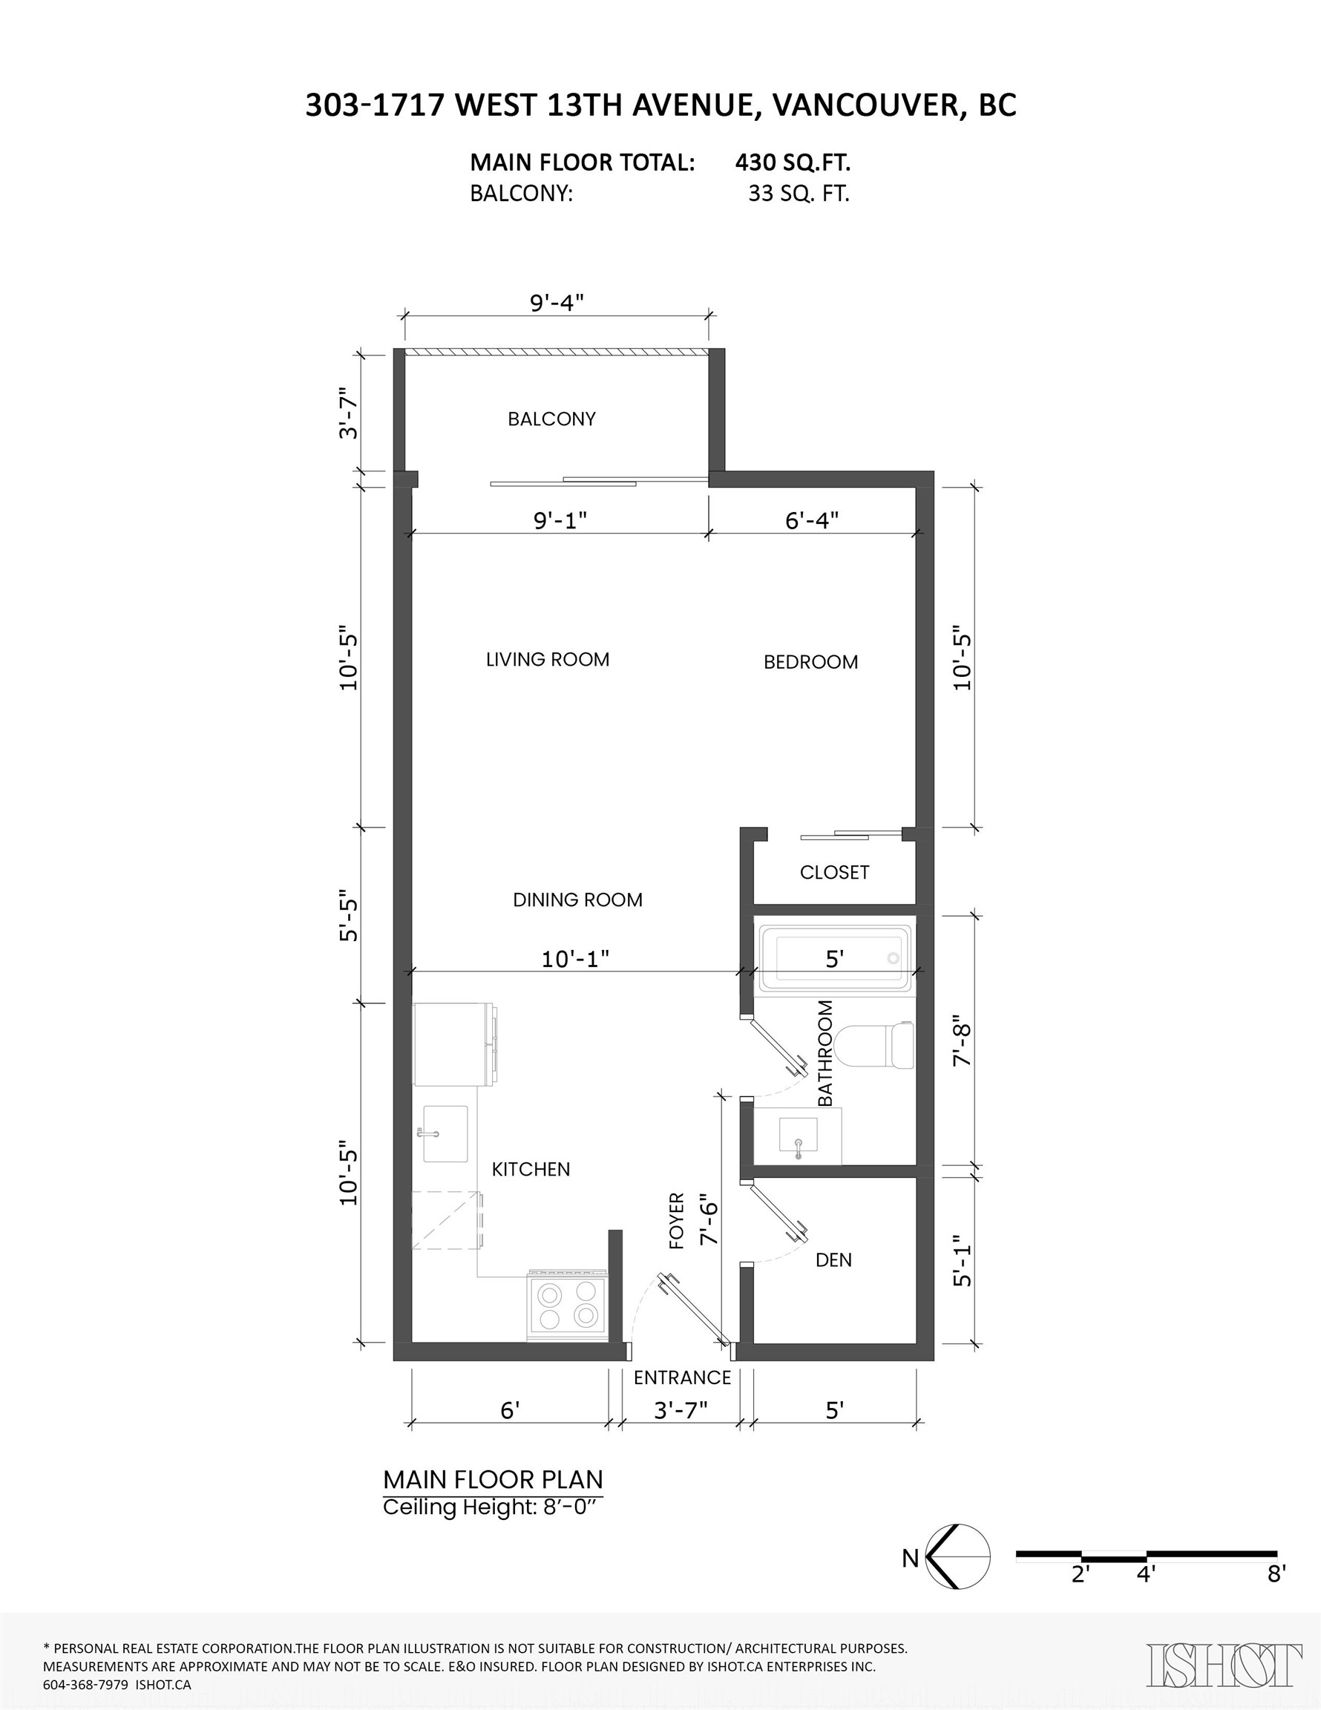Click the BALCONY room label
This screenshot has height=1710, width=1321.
(x=551, y=419)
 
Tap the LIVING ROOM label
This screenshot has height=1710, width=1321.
(x=548, y=659)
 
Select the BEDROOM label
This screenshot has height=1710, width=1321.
(x=810, y=662)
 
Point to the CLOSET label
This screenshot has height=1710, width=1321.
(x=834, y=872)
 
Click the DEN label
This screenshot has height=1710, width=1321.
(x=833, y=1259)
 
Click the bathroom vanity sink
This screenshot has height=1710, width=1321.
(x=798, y=1136)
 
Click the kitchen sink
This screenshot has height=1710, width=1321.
(x=445, y=1134)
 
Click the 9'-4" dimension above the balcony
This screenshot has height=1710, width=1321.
(x=557, y=302)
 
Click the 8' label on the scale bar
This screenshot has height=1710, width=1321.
(x=1276, y=1574)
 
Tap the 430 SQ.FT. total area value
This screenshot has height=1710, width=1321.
(x=793, y=163)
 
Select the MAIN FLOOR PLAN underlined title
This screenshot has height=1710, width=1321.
(x=493, y=1480)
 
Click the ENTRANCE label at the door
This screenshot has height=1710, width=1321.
(x=682, y=1377)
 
